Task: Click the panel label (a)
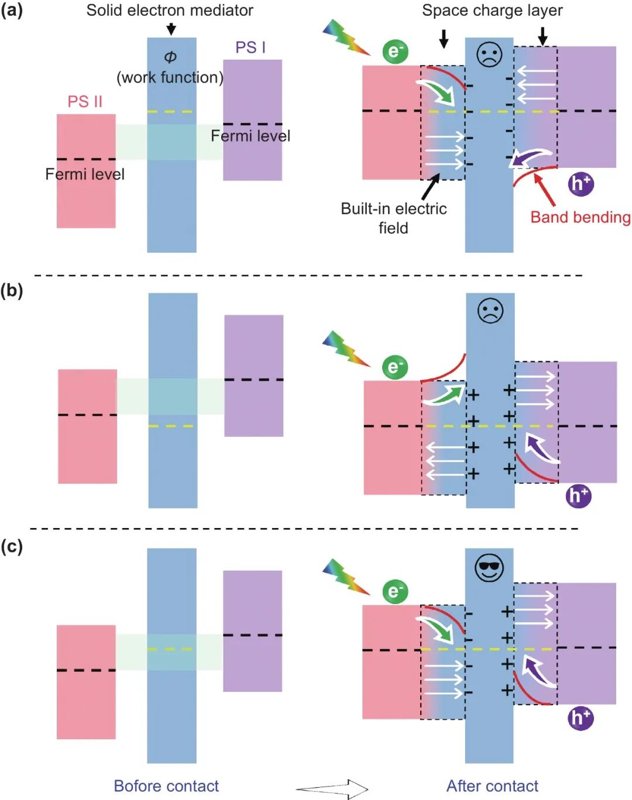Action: [x=12, y=11]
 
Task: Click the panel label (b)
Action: [x=12, y=291]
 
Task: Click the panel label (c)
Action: [x=12, y=546]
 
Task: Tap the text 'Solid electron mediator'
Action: [x=170, y=11]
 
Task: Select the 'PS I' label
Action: [x=250, y=47]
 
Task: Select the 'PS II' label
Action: [x=85, y=101]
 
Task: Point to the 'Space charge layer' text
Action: [x=492, y=11]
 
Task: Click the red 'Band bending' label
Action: [x=580, y=217]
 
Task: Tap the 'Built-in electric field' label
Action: [x=393, y=218]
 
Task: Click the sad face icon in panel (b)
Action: [x=490, y=311]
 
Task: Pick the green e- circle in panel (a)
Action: [x=395, y=51]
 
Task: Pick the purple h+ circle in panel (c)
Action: [x=581, y=718]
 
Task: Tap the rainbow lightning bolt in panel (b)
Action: [x=346, y=349]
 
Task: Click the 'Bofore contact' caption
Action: [x=166, y=786]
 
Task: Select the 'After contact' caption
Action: [x=492, y=786]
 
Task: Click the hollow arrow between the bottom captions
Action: [x=332, y=789]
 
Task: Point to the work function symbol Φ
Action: [x=170, y=57]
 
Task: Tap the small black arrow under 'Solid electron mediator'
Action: [x=171, y=29]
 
